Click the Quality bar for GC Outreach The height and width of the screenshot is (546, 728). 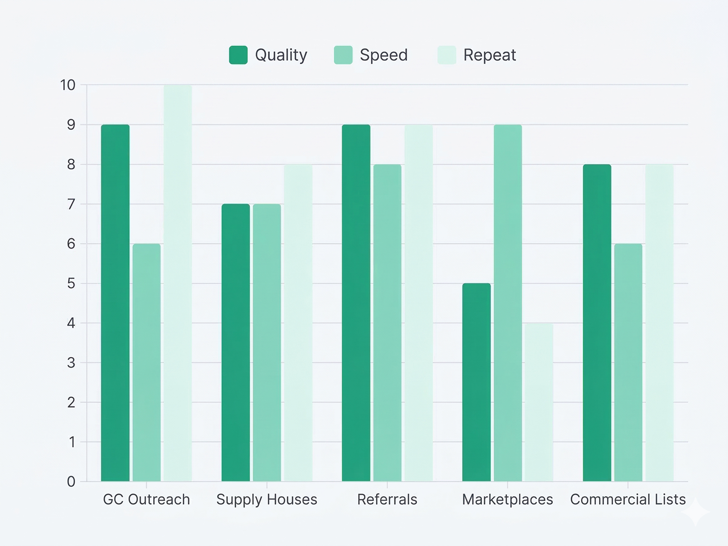click(115, 303)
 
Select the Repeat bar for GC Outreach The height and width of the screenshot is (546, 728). click(178, 283)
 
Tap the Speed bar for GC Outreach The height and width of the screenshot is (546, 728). click(146, 362)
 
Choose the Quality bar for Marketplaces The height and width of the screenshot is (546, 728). click(476, 382)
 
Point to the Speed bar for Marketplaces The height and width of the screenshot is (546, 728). click(508, 303)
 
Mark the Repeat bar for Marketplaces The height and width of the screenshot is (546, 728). click(539, 402)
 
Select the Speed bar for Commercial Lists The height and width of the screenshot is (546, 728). click(628, 362)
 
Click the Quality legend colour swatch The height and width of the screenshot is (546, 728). click(238, 55)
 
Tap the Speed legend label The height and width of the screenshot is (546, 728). click(383, 55)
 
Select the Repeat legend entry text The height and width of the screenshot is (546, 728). click(489, 55)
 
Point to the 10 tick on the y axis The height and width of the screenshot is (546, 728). click(68, 85)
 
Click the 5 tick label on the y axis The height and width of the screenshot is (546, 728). click(71, 284)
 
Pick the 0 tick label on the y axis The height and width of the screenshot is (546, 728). click(71, 482)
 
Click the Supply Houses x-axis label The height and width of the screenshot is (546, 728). click(266, 500)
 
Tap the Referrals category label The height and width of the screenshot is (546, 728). click(387, 500)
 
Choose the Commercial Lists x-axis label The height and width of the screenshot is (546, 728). click(628, 500)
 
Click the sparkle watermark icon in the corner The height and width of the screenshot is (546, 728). click(695, 512)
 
